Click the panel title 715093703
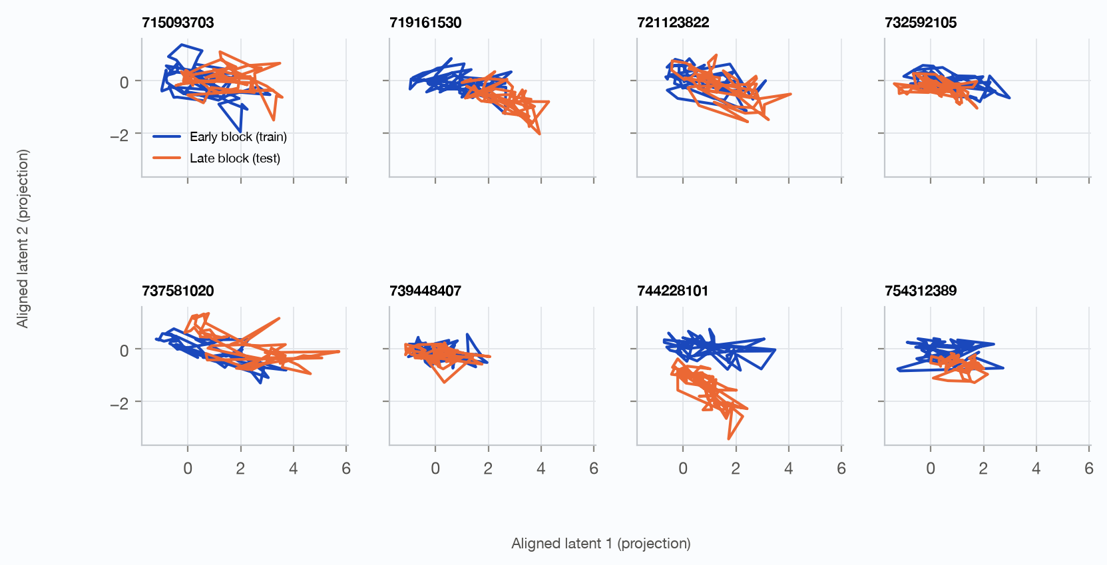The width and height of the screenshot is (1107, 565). [178, 23]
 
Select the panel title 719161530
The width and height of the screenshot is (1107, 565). [425, 23]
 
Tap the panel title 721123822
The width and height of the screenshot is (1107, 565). [673, 23]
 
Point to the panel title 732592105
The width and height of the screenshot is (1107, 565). [921, 23]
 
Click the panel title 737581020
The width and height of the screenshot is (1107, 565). [178, 291]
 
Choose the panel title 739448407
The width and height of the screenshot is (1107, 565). [425, 291]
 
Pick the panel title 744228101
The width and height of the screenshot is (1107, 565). [672, 291]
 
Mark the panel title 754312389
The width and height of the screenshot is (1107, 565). [921, 291]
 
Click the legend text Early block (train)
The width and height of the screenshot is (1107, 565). [238, 137]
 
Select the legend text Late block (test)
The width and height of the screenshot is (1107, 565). [235, 158]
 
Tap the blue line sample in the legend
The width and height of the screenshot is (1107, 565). [167, 136]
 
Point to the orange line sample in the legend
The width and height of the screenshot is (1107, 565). [167, 158]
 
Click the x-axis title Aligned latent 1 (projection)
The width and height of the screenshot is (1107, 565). [601, 543]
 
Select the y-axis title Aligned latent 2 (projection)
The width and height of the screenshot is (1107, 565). [23, 238]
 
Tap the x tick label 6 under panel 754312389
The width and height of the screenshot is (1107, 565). [1089, 469]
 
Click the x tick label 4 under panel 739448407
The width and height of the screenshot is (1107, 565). [541, 469]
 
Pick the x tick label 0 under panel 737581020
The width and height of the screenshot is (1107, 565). [188, 469]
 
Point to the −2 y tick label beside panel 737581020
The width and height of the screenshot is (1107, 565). [119, 403]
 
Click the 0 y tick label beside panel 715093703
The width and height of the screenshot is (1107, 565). [124, 82]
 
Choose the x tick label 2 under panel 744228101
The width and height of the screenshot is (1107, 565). [736, 469]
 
